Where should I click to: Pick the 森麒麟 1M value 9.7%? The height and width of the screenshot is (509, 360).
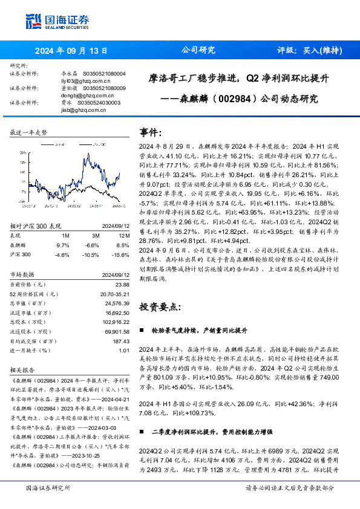(x=63, y=229)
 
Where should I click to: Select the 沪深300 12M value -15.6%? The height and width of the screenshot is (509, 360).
(x=121, y=238)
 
